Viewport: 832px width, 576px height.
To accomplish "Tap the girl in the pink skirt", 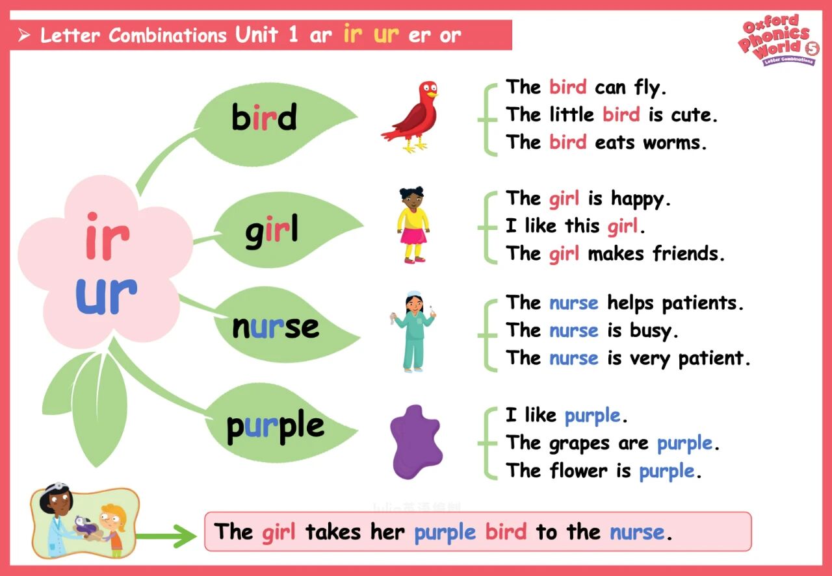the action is click(x=413, y=225).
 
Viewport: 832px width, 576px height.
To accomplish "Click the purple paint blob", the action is click(x=416, y=442).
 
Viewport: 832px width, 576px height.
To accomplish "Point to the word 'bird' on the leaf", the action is click(x=264, y=117).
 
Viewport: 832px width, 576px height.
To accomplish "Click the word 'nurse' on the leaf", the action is click(x=275, y=327).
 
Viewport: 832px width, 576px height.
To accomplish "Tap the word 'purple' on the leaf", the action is click(x=275, y=427).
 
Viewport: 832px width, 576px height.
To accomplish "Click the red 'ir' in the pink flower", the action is click(x=107, y=236).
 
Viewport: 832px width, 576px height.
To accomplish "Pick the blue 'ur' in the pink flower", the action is click(x=106, y=296).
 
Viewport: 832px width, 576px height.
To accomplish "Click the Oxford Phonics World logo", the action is click(x=779, y=40).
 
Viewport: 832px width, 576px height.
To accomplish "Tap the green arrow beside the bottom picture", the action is click(x=166, y=536).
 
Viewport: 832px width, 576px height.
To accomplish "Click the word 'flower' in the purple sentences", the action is click(x=578, y=470).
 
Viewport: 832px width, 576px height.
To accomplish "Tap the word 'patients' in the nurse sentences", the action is click(x=703, y=304).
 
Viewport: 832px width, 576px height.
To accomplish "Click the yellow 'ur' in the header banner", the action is click(x=386, y=34).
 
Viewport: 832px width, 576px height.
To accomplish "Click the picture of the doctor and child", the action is click(x=84, y=521).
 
